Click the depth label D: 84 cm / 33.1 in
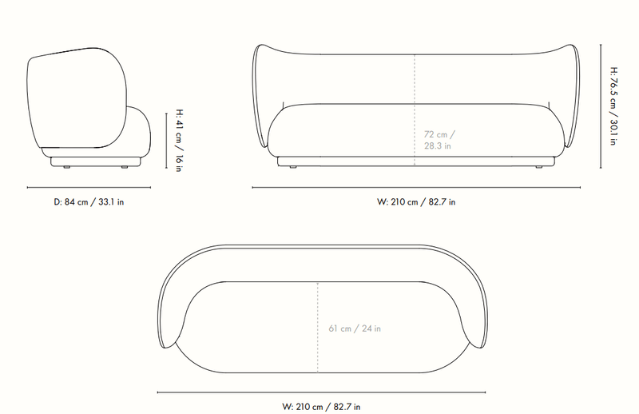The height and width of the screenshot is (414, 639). coord(89,202)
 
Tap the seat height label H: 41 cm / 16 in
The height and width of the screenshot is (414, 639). coord(179,141)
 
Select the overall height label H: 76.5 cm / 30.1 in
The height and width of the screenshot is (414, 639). coord(613,106)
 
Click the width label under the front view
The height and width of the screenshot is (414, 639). coord(416,202)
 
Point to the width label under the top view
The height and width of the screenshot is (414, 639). coord(321,407)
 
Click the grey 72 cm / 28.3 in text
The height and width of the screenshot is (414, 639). coord(439,140)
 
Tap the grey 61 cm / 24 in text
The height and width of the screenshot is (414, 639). coord(355,328)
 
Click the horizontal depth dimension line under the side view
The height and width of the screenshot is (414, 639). coord(89,188)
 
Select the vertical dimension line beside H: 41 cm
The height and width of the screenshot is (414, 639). coord(166,141)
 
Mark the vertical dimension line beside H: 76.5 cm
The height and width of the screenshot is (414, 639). coord(601,106)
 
